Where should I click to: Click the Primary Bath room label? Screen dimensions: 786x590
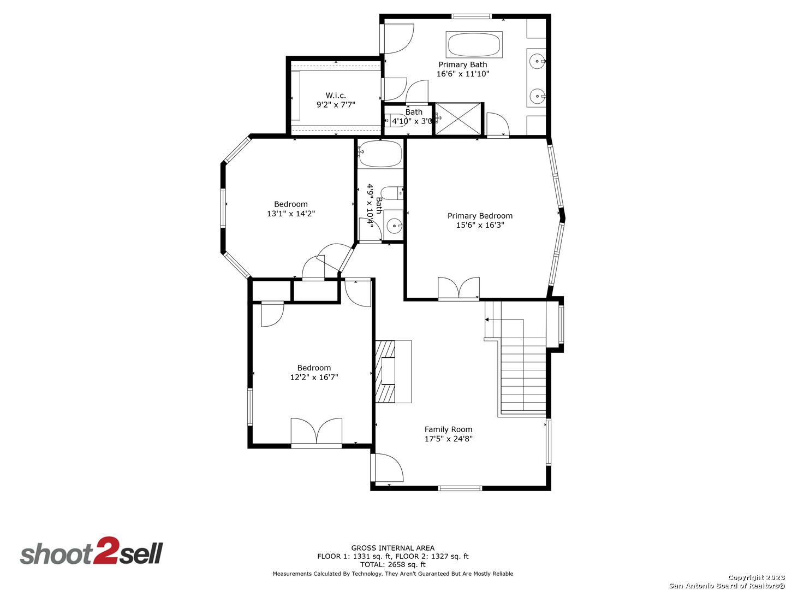click(x=463, y=65)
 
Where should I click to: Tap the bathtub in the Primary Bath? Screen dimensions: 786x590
click(x=474, y=44)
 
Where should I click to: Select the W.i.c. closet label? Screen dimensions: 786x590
click(x=336, y=96)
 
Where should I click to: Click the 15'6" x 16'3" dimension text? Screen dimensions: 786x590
click(x=480, y=225)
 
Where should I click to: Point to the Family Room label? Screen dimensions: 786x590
click(x=448, y=429)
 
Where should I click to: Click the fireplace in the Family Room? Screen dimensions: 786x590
click(x=393, y=371)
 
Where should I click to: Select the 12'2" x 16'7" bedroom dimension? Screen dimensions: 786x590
click(x=314, y=377)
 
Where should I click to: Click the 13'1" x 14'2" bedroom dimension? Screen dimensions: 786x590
click(x=291, y=214)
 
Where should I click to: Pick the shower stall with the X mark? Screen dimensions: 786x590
click(x=458, y=119)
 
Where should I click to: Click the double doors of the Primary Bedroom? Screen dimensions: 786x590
click(x=458, y=288)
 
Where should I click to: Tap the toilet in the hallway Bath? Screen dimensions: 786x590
click(x=392, y=193)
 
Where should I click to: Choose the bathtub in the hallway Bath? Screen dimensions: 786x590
click(x=380, y=154)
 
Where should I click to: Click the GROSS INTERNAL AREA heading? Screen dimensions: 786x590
click(x=393, y=548)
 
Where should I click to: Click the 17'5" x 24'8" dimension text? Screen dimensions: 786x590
click(x=448, y=439)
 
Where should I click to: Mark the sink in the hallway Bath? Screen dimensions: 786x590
click(x=394, y=225)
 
